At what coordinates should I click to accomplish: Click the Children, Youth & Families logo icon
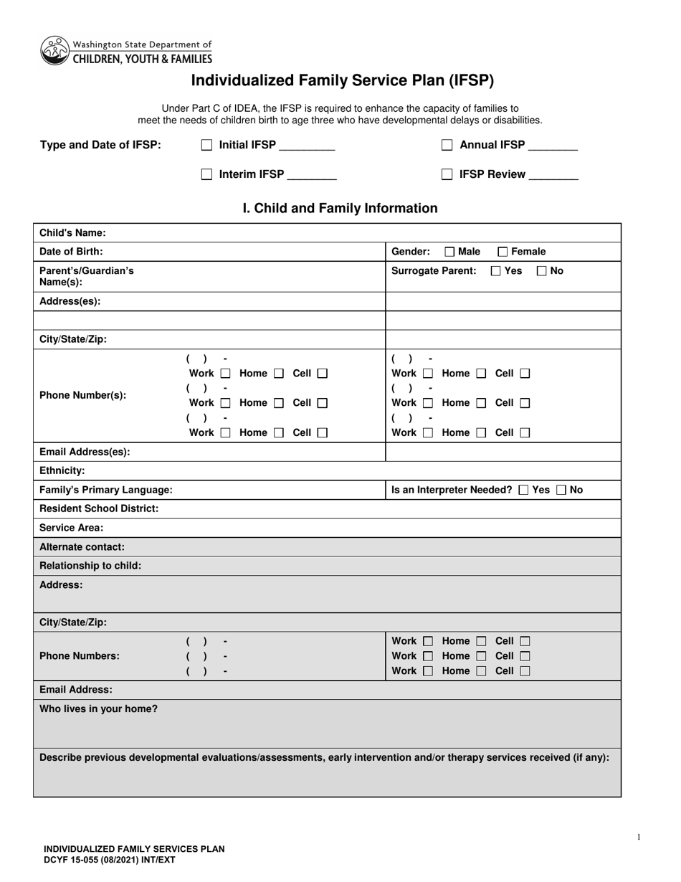[x=54, y=50]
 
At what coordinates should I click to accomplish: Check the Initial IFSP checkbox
[x=207, y=145]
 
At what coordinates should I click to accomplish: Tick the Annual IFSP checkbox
[x=447, y=145]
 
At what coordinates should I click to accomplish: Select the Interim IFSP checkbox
[x=207, y=174]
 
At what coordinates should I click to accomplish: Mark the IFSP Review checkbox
[x=447, y=174]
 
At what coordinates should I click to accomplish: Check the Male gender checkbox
[x=449, y=252]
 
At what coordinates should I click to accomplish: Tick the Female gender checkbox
[x=503, y=252]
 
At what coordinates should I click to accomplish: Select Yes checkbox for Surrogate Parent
[x=496, y=271]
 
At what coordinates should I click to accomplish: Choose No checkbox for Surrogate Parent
[x=542, y=271]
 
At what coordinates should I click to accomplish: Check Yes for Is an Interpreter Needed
[x=523, y=490]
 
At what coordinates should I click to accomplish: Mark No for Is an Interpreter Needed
[x=561, y=490]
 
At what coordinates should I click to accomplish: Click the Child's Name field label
[x=72, y=233]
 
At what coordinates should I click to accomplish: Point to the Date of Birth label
[x=71, y=252]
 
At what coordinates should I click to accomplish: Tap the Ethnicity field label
[x=62, y=471]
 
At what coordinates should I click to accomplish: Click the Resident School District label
[x=99, y=508]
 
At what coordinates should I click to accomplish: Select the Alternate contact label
[x=82, y=546]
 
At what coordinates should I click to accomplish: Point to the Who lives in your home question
[x=99, y=709]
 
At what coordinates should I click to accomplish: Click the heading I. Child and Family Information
[x=340, y=209]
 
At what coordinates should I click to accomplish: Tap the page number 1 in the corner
[x=639, y=837]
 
